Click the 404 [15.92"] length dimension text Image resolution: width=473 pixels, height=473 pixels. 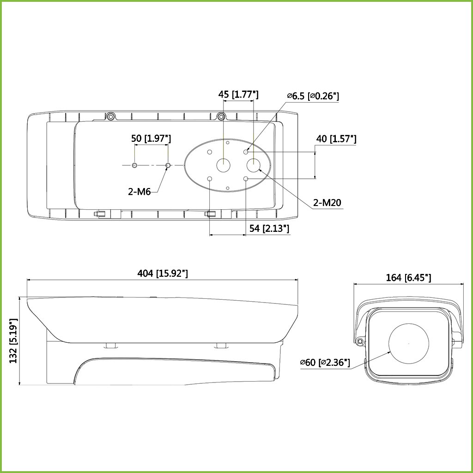click(x=163, y=273)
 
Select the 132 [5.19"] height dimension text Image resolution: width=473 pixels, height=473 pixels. click(x=14, y=340)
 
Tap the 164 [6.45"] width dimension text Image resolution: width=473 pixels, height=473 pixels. click(x=408, y=277)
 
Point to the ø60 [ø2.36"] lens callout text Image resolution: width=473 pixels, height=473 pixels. click(x=325, y=363)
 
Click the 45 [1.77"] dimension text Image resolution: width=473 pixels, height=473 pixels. click(x=238, y=95)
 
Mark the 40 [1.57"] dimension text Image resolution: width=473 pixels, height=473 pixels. click(x=336, y=139)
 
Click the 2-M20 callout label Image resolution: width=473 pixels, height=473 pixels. click(x=327, y=202)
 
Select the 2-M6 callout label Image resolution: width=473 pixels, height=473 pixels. click(x=139, y=191)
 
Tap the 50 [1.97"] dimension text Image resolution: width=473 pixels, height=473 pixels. click(x=151, y=138)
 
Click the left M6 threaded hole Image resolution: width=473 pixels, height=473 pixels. click(x=134, y=165)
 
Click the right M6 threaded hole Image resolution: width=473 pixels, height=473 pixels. click(x=168, y=165)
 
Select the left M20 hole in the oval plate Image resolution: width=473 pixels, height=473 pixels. click(x=224, y=164)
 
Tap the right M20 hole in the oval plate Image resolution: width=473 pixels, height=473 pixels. click(x=253, y=165)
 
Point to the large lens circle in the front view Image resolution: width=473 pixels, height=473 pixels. click(x=408, y=343)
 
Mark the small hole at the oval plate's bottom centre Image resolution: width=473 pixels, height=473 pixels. click(x=228, y=188)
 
